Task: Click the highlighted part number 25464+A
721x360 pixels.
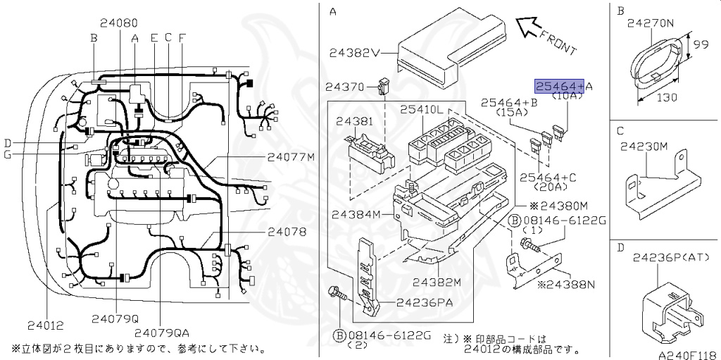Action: click(560, 86)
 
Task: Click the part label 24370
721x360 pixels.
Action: click(344, 87)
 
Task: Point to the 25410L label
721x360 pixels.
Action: click(422, 110)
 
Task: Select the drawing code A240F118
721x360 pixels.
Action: click(687, 355)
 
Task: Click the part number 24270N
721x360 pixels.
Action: click(650, 23)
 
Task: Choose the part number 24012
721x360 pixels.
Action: click(46, 325)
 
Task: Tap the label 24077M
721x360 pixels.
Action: click(291, 156)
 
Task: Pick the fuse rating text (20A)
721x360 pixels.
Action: click(552, 187)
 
